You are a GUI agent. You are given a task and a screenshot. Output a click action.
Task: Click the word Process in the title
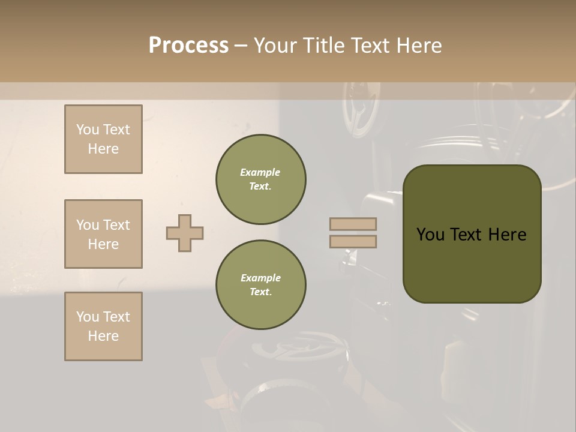[188, 46]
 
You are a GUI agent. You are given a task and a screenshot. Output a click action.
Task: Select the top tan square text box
[103, 139]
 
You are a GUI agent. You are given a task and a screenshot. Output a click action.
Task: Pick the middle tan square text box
[103, 234]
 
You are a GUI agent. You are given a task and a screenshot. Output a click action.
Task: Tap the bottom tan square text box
[103, 326]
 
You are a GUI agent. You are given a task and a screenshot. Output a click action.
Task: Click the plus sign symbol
[185, 233]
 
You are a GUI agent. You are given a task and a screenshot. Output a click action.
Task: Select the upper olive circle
[261, 179]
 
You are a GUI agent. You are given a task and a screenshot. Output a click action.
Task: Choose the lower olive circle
[261, 285]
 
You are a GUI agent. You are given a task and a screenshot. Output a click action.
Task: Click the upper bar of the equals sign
[353, 224]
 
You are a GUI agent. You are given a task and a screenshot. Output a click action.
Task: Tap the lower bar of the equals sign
[353, 241]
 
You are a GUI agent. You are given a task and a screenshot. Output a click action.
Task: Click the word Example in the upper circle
[260, 172]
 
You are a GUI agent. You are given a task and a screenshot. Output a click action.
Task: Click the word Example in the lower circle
[260, 278]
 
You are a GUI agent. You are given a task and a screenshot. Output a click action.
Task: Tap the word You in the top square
[88, 130]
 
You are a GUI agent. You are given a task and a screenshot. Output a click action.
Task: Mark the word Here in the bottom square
[103, 336]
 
